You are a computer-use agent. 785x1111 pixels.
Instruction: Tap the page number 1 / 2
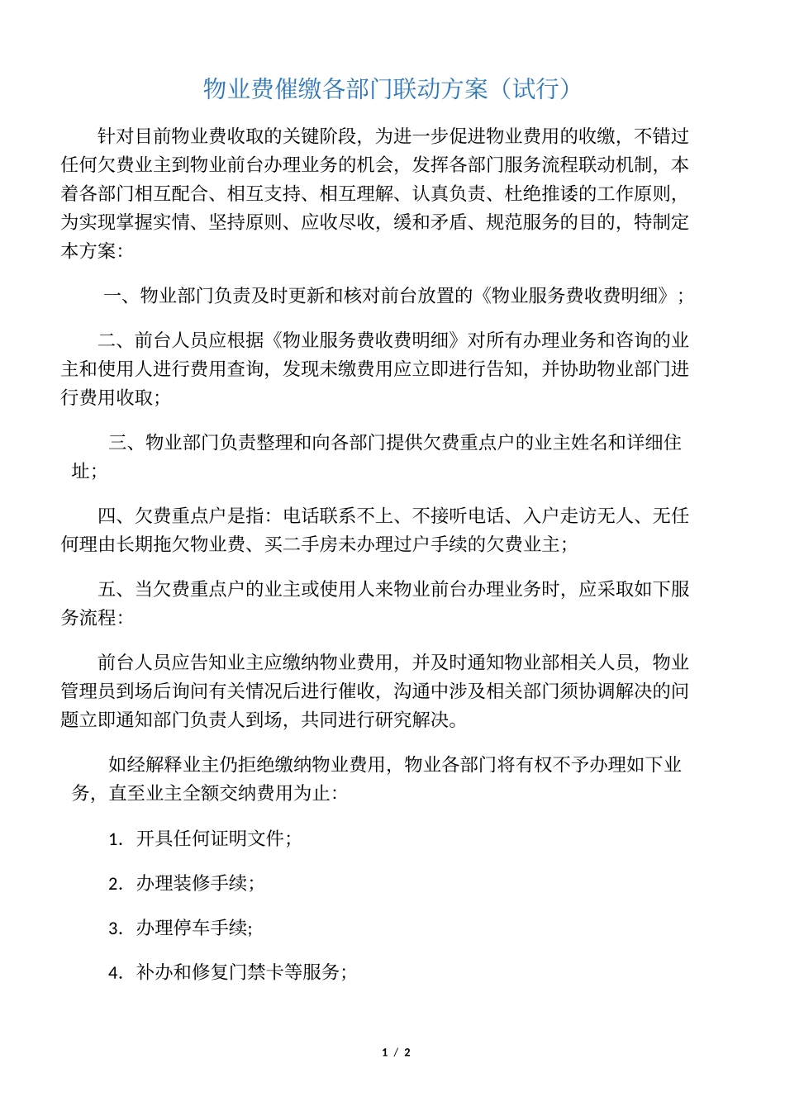point(396,1052)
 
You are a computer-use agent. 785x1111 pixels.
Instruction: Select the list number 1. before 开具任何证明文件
point(116,839)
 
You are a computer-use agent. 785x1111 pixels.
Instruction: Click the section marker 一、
point(121,295)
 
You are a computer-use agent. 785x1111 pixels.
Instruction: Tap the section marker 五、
point(115,589)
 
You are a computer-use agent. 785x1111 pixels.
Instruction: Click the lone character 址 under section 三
point(80,472)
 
